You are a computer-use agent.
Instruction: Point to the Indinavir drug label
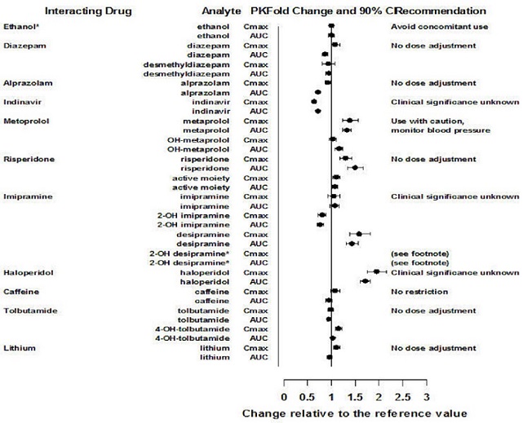[24, 102]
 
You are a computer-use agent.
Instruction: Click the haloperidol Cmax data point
[377, 271]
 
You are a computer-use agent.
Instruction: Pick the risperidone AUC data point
[355, 167]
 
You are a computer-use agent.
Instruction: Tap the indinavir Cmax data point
[314, 102]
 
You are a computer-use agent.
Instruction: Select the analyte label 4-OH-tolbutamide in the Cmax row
[194, 328]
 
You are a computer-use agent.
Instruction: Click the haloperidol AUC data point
[365, 281]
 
